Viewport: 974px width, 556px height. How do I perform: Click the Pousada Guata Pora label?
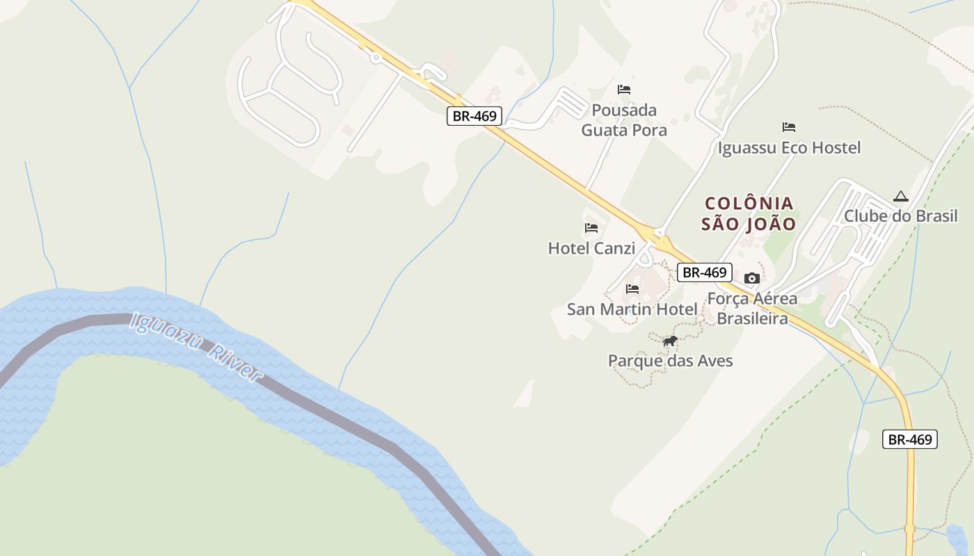(623, 120)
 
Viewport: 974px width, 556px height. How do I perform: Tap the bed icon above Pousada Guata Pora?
(624, 90)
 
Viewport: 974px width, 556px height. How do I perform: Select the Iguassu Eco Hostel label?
(789, 148)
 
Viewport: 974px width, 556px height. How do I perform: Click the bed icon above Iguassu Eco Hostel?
(788, 127)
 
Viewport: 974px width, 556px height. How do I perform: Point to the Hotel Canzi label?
(591, 248)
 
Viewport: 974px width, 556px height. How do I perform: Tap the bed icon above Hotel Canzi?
(591, 228)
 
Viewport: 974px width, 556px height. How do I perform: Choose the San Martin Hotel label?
(632, 309)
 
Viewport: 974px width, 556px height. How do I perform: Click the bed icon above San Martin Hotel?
(632, 289)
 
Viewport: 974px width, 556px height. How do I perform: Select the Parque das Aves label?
(670, 361)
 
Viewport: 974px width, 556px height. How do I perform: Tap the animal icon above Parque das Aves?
(670, 341)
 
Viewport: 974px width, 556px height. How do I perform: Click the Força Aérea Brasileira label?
(752, 309)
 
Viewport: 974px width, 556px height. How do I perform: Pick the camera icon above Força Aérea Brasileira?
(751, 279)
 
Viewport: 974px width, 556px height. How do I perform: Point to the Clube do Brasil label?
(900, 216)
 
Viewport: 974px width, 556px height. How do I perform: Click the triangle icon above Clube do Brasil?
(900, 197)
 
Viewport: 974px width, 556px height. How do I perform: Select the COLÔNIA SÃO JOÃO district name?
(749, 213)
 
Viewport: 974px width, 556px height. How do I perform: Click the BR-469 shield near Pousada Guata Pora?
(474, 116)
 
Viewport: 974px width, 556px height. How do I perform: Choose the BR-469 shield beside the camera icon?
(704, 272)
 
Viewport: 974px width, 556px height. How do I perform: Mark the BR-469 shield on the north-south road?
(910, 439)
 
